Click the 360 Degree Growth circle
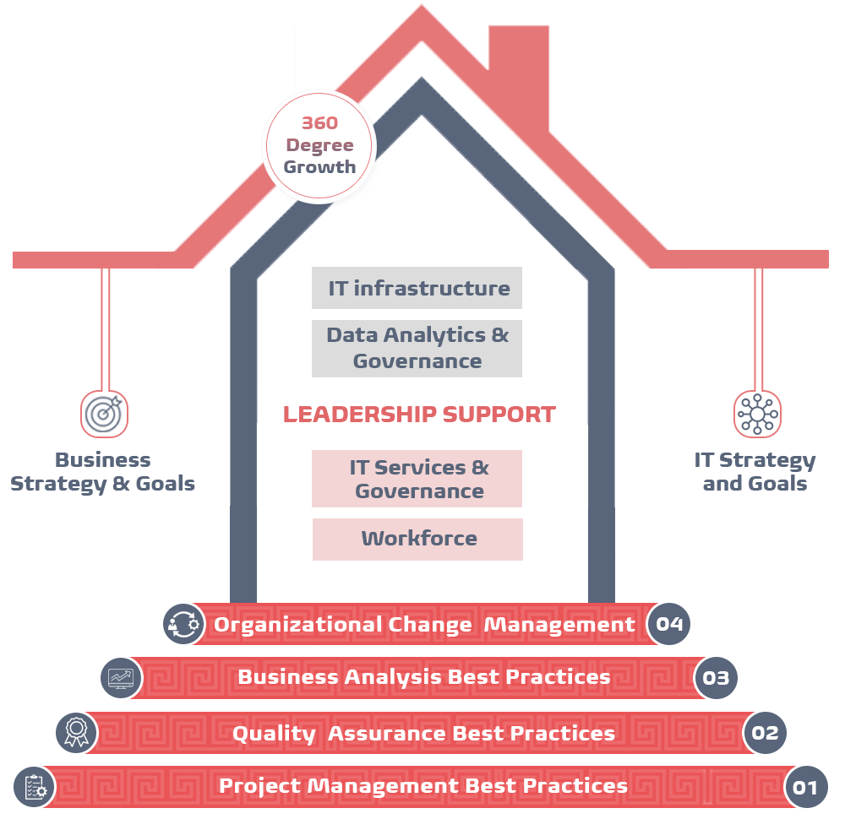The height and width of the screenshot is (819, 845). [x=319, y=146]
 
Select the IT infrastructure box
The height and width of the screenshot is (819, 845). [x=417, y=288]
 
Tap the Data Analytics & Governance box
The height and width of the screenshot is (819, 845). [x=417, y=349]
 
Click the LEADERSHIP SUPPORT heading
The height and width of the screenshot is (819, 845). [x=419, y=414]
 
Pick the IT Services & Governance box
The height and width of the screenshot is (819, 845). [x=417, y=479]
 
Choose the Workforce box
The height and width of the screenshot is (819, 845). [x=417, y=539]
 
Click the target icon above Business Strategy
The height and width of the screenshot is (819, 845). [x=105, y=414]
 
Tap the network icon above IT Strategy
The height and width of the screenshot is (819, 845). [x=757, y=414]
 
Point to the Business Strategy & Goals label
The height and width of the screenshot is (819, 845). [x=102, y=472]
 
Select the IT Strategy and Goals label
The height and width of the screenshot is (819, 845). [x=755, y=472]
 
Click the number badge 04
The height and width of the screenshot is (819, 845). [x=668, y=624]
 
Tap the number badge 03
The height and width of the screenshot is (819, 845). [x=716, y=677]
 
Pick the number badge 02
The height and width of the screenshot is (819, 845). [x=765, y=732]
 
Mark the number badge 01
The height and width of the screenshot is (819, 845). [x=805, y=787]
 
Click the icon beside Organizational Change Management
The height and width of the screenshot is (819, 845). [x=183, y=624]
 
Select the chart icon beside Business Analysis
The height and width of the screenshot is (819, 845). [x=121, y=678]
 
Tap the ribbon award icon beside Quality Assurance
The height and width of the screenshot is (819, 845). [x=77, y=732]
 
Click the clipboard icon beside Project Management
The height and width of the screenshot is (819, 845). [x=35, y=787]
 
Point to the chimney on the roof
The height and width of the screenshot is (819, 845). [x=519, y=75]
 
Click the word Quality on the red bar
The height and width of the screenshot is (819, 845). [x=274, y=734]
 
